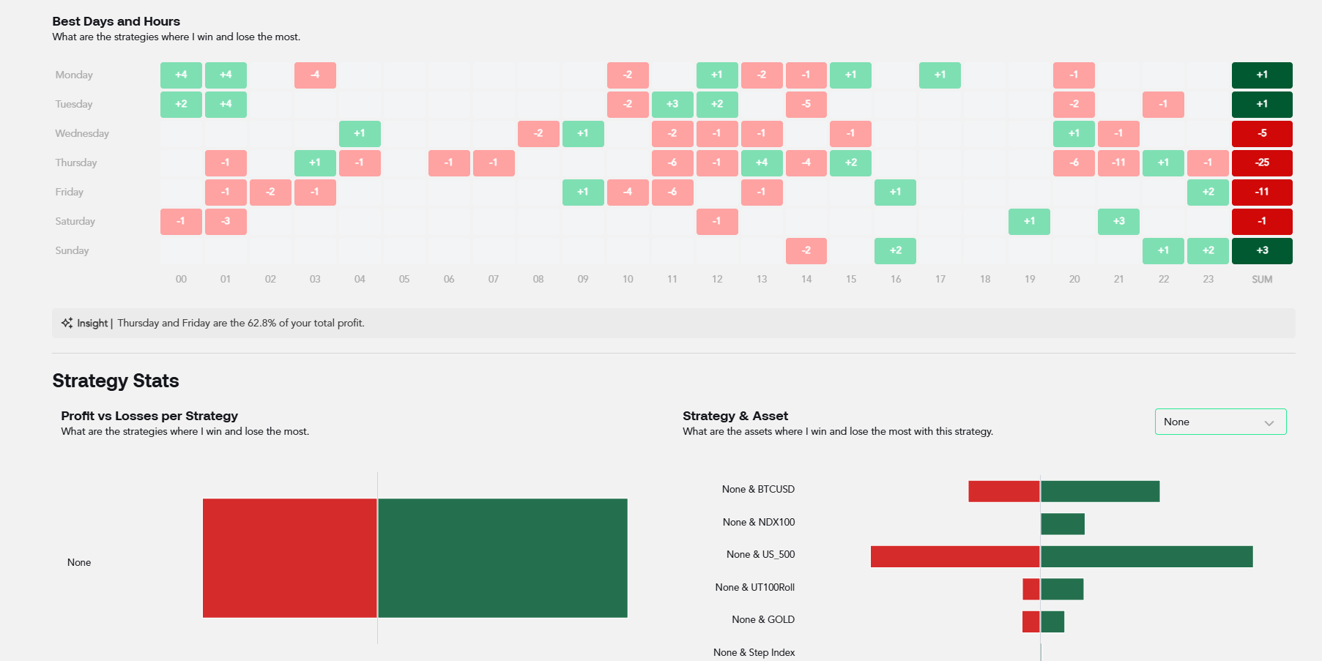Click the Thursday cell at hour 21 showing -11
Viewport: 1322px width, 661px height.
[1118, 163]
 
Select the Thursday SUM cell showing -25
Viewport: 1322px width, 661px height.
[1262, 163]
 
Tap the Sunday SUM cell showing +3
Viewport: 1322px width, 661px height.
[1262, 250]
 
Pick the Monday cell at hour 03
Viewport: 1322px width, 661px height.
[315, 75]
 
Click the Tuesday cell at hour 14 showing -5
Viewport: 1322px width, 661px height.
[806, 104]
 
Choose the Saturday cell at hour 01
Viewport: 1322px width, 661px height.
[226, 221]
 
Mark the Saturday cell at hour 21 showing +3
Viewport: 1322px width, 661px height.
[1118, 221]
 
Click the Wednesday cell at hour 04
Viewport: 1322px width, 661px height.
[360, 133]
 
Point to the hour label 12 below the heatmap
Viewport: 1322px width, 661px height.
[717, 279]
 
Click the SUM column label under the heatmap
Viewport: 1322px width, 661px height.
[1262, 279]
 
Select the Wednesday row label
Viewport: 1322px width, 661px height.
[82, 133]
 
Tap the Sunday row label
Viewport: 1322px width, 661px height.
[72, 250]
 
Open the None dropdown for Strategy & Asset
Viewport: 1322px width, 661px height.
[1220, 422]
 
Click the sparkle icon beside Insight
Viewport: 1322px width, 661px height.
[67, 323]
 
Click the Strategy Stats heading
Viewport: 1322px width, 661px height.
[116, 381]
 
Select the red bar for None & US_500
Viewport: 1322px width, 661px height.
[955, 556]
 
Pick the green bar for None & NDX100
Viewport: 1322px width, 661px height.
[1063, 524]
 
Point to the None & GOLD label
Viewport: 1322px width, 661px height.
[763, 619]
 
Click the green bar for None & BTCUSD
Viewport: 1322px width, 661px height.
[1100, 491]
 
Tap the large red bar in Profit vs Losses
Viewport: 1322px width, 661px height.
[290, 558]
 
